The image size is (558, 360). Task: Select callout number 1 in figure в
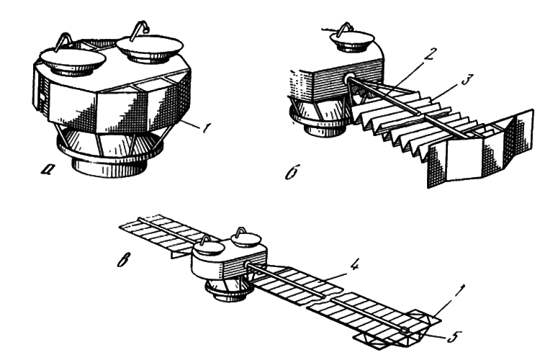click(x=459, y=292)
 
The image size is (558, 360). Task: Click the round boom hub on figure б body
click(x=348, y=79)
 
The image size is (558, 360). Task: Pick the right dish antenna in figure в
click(x=246, y=239)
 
